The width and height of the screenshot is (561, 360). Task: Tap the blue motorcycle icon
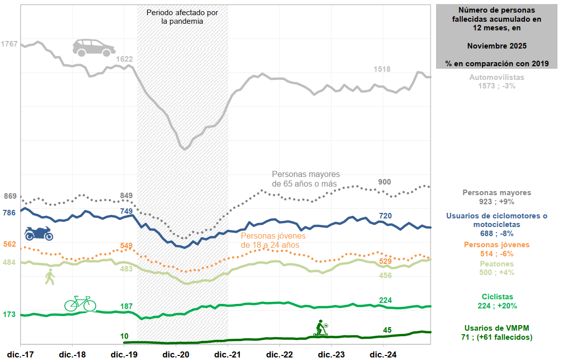click(39, 234)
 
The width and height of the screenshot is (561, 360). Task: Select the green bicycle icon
click(80, 303)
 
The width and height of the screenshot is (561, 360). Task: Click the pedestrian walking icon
click(50, 277)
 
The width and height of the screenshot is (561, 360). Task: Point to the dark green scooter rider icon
click(320, 328)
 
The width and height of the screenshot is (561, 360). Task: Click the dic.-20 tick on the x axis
click(177, 353)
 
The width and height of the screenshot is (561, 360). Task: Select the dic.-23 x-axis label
click(332, 353)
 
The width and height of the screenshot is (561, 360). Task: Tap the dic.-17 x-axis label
click(21, 353)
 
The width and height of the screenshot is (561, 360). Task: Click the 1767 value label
click(10, 44)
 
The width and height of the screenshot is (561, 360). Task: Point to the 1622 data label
click(124, 59)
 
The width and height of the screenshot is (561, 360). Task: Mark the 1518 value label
click(382, 69)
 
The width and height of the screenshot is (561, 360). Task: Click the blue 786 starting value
click(10, 213)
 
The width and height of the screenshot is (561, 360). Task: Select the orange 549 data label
click(126, 246)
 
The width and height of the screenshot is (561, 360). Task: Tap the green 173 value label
click(10, 314)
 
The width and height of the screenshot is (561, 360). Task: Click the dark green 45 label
click(387, 330)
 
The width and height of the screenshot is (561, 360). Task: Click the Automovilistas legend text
click(497, 78)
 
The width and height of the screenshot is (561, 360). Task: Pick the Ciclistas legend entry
click(497, 297)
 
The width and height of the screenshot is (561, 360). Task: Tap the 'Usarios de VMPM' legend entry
click(497, 328)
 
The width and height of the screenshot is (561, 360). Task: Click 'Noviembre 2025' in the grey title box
click(497, 46)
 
